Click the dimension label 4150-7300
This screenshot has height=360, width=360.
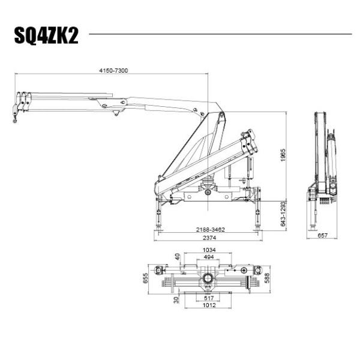(x=113, y=71)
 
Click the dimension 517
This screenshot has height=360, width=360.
(x=208, y=298)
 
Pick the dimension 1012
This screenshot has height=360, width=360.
(x=208, y=305)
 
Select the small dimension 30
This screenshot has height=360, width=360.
(x=177, y=299)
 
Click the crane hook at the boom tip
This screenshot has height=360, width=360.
(x=15, y=119)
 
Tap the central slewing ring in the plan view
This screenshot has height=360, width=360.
(x=208, y=278)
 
